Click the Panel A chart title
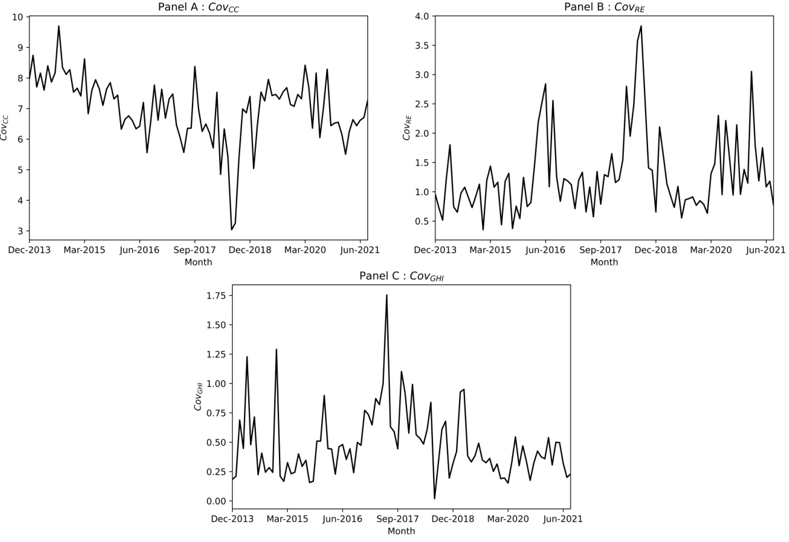click(198, 7)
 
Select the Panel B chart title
click(604, 7)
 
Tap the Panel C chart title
click(401, 276)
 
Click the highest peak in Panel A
click(59, 26)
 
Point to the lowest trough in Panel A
click(232, 229)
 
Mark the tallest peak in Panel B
click(641, 26)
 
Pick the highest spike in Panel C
click(387, 295)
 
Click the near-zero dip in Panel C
click(434, 499)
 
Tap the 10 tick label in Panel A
click(18, 17)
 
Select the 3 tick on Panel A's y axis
click(20, 231)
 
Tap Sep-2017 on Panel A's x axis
click(194, 250)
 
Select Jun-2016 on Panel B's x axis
click(545, 250)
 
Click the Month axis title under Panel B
click(604, 262)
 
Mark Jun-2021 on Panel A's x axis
click(360, 250)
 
